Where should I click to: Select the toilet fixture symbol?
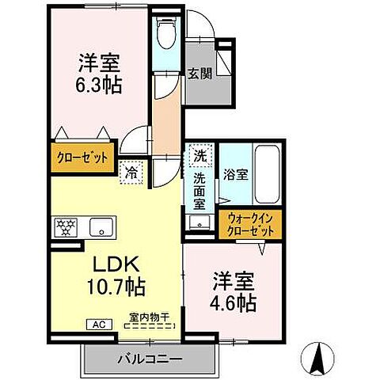(166, 34)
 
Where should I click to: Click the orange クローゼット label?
(82, 158)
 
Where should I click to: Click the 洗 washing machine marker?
(200, 156)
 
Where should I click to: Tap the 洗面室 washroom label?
(201, 190)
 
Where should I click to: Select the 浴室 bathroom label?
(236, 175)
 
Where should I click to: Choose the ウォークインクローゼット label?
(251, 223)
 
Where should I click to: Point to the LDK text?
(108, 263)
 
